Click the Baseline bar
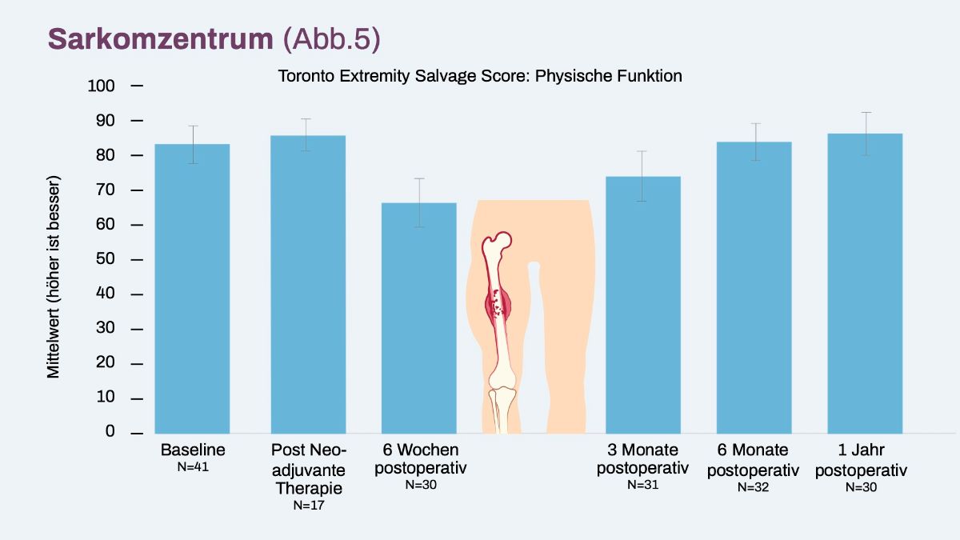pyautogui.click(x=192, y=289)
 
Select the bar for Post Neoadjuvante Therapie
pyautogui.click(x=308, y=284)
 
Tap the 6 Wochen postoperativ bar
pyautogui.click(x=418, y=318)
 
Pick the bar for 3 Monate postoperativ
pyautogui.click(x=643, y=305)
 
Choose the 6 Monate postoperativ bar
pyautogui.click(x=754, y=287)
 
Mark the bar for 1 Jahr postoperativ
pyautogui.click(x=865, y=283)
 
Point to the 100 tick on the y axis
pyautogui.click(x=137, y=86)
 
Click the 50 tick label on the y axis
pyautogui.click(x=105, y=259)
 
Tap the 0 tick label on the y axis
pyautogui.click(x=110, y=431)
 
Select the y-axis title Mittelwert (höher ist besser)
pyautogui.click(x=53, y=277)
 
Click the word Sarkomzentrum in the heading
pyautogui.click(x=160, y=39)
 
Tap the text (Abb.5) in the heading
pyautogui.click(x=332, y=39)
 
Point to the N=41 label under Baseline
pyautogui.click(x=193, y=466)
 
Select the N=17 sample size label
pyautogui.click(x=309, y=506)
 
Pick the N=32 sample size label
pyautogui.click(x=753, y=487)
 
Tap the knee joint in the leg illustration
pyautogui.click(x=502, y=386)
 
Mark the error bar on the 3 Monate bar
pyautogui.click(x=642, y=176)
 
